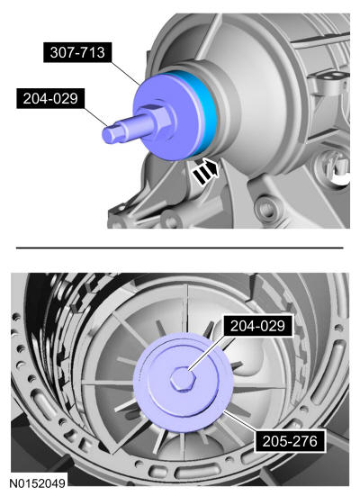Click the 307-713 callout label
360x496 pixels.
77,52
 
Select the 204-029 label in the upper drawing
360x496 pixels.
50,98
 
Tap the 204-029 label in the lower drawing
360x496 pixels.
257,326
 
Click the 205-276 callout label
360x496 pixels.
290,441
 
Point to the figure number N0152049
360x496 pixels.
37,483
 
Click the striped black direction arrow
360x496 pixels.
205,171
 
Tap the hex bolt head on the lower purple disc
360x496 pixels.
184,380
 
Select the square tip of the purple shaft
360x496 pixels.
110,134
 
